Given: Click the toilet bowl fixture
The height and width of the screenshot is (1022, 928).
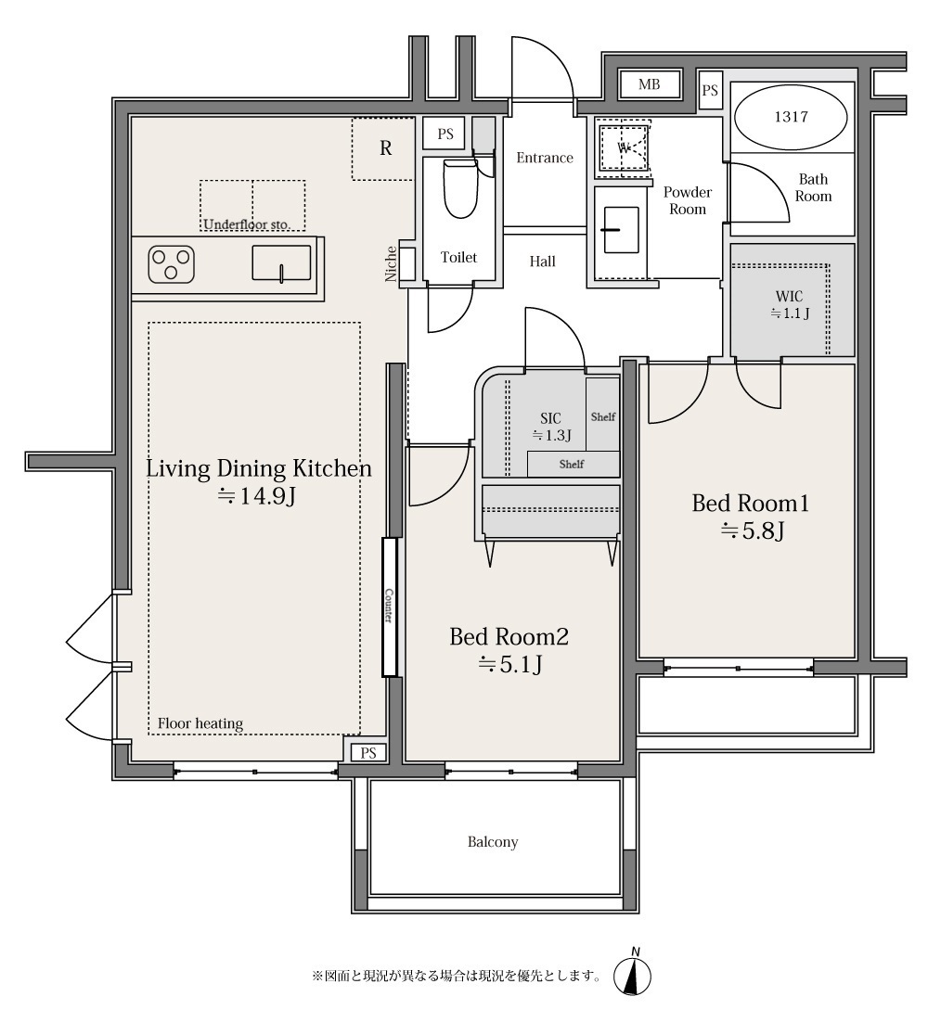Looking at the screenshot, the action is click(x=459, y=189).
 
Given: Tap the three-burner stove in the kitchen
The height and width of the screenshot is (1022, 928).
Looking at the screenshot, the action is click(x=172, y=264).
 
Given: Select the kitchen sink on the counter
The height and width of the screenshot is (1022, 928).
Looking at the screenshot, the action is click(x=281, y=262).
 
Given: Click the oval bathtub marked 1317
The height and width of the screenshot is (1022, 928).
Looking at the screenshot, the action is click(x=791, y=118).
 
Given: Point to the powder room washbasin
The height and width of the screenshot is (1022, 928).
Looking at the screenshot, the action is click(x=621, y=230).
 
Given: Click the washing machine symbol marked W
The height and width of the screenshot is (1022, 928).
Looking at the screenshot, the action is click(x=625, y=148).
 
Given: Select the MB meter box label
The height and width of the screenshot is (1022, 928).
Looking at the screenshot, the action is click(x=649, y=84).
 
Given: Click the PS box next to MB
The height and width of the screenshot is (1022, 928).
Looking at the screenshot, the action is click(x=710, y=91).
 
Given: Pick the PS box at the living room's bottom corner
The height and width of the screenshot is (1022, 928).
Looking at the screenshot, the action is click(x=367, y=753).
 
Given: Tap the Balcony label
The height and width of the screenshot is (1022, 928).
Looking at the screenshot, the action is click(x=493, y=842).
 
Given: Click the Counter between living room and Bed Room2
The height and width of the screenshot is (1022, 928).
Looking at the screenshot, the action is click(x=390, y=607).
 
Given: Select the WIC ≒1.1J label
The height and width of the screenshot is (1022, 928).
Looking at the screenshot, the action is click(x=790, y=305).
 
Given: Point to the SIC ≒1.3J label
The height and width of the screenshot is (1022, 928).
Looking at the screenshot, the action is click(x=551, y=427).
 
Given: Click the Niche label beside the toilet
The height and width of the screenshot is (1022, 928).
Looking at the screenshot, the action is click(x=391, y=264).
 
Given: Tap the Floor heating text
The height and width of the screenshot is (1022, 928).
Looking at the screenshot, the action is click(x=200, y=723).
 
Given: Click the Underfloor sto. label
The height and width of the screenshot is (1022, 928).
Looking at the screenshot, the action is click(x=247, y=224).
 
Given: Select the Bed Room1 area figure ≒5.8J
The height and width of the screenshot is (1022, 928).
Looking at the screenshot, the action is click(x=752, y=531).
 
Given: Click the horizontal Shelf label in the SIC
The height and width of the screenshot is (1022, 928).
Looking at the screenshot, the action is click(x=572, y=464).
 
